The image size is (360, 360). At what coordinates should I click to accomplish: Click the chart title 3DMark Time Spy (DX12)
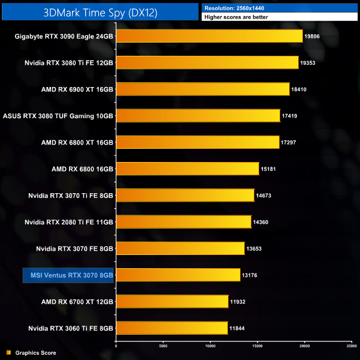click(101, 12)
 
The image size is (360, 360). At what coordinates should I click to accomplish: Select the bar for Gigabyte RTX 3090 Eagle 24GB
click(209, 36)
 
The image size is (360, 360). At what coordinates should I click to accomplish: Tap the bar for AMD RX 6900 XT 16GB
click(202, 89)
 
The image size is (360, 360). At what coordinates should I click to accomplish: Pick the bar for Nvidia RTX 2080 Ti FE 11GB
click(183, 222)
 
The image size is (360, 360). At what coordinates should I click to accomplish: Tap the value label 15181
click(268, 169)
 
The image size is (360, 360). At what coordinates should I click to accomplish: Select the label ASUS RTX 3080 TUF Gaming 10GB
click(58, 116)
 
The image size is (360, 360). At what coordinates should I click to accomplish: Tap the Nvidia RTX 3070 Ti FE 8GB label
click(71, 196)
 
